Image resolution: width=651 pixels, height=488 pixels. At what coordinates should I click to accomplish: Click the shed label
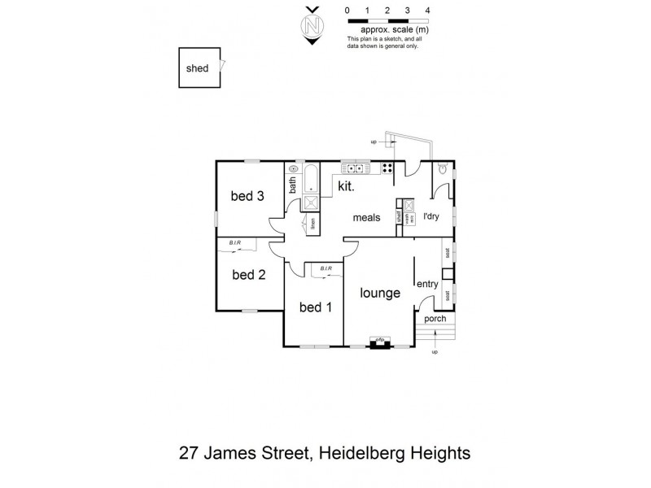click(x=197, y=68)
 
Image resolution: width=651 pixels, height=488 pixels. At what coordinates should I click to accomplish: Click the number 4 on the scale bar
click(x=427, y=11)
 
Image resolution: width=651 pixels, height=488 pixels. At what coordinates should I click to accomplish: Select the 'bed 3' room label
click(x=247, y=196)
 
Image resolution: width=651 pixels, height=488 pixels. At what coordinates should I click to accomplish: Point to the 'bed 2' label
click(x=248, y=275)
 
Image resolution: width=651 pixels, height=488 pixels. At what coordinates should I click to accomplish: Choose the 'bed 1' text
click(x=316, y=307)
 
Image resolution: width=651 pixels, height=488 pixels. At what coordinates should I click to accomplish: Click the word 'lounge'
click(x=380, y=293)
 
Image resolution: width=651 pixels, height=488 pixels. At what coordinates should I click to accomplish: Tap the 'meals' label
click(x=368, y=218)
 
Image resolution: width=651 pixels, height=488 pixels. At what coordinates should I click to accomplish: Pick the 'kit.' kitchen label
click(x=347, y=186)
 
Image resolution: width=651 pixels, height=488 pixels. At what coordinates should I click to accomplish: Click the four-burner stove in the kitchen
click(x=386, y=169)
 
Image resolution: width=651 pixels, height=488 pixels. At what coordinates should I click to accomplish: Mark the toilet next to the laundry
click(x=442, y=168)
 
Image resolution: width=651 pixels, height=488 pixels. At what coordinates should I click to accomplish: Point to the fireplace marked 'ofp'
click(x=379, y=342)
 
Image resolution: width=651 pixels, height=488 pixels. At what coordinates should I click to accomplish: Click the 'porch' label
click(x=435, y=318)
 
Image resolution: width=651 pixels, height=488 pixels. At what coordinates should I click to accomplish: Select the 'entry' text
click(x=427, y=284)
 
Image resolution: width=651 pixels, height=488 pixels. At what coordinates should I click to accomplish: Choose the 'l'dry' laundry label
click(x=431, y=217)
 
